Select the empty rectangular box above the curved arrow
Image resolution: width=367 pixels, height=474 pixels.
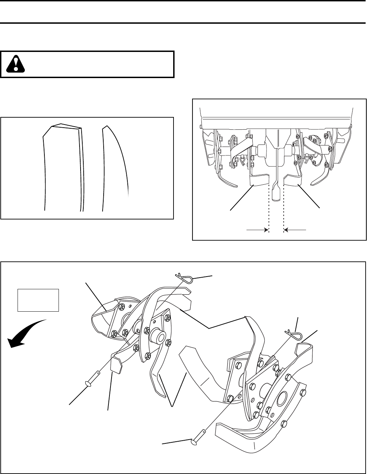(38, 300)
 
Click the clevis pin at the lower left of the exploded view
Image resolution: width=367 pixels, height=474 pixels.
(92, 378)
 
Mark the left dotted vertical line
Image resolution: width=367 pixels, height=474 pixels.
(269, 210)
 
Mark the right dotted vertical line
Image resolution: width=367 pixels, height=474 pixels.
(284, 210)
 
